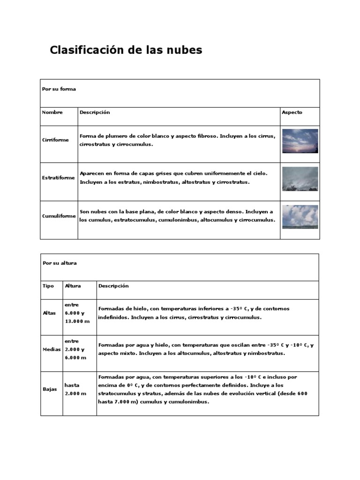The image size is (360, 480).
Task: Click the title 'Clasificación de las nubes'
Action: (126, 50)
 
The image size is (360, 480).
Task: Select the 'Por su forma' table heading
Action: (59, 89)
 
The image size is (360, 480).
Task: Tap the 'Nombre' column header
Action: (52, 112)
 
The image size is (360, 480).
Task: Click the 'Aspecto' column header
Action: (292, 112)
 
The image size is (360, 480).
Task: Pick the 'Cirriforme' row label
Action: (55, 140)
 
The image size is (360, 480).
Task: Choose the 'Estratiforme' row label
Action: (58, 178)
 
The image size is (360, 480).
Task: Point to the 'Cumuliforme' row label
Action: (59, 216)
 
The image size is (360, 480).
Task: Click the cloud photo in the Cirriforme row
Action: (300, 141)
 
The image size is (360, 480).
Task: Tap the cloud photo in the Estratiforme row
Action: (300, 179)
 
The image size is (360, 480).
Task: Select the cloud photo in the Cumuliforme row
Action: (300, 217)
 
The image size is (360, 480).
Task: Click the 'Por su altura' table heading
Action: (60, 263)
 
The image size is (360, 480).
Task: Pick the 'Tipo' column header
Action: (48, 286)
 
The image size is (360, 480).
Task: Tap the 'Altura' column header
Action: (73, 286)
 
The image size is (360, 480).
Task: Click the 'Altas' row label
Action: (49, 313)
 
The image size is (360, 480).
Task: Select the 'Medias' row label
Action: (51, 350)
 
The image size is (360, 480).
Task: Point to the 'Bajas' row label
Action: (49, 389)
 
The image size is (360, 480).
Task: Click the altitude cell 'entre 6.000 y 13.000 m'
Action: (76, 313)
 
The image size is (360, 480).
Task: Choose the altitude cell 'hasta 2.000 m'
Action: (75, 389)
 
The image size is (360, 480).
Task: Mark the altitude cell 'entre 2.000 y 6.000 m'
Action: (75, 350)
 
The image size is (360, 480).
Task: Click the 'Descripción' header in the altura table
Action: (113, 286)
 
